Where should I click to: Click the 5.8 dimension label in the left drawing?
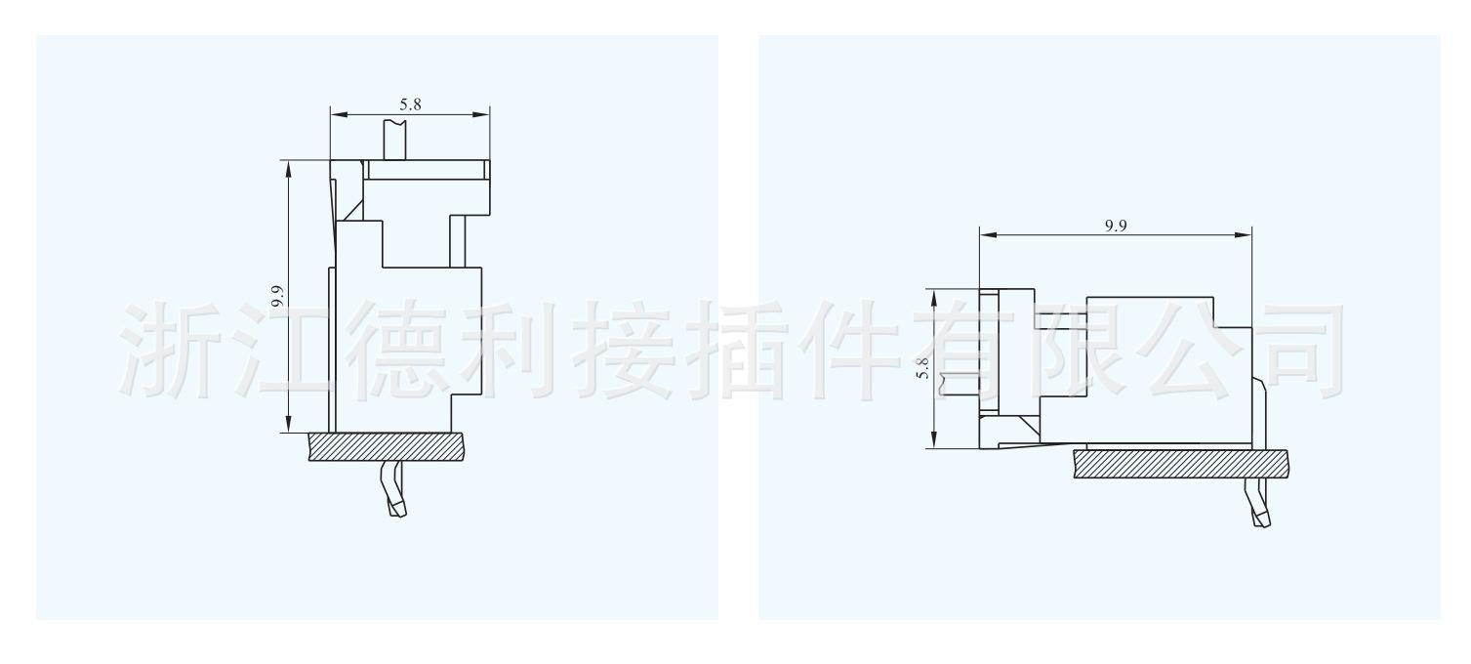tap(410, 104)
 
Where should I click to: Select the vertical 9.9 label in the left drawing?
tap(278, 296)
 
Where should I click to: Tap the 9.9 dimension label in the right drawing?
tap(1115, 226)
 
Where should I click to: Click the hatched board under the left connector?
tap(386, 447)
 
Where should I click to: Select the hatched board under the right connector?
tap(1180, 464)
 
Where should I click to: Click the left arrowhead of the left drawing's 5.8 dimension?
tap(337, 115)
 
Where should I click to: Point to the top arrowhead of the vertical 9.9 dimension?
tap(288, 167)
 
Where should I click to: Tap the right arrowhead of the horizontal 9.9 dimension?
tap(1244, 235)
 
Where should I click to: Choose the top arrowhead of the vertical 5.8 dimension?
tap(934, 296)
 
